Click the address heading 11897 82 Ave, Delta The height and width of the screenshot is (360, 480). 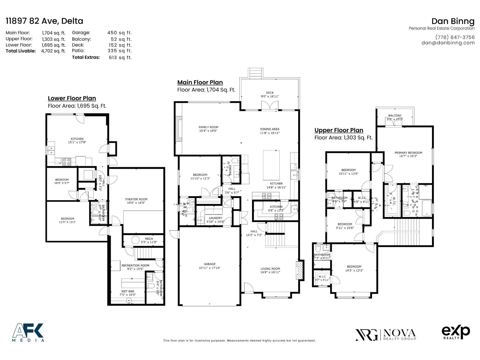point(44,21)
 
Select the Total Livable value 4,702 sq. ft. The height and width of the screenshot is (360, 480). point(53,51)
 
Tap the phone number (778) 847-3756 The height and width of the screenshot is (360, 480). point(455,37)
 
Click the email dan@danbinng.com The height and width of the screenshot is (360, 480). point(448,43)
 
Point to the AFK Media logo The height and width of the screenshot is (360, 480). point(28,332)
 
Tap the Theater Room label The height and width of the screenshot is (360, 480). point(136,199)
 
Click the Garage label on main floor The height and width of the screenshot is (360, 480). point(209,264)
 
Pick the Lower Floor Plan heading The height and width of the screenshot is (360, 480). point(72,98)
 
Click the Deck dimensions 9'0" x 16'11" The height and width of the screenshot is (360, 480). point(270,97)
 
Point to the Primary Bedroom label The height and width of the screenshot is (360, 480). point(408,153)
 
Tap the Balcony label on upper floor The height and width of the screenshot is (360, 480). point(394,115)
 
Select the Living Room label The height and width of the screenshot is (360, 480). point(270,269)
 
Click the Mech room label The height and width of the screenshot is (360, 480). point(149,239)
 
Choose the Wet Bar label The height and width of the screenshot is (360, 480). point(128,291)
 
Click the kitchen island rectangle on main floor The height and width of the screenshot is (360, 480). point(271,165)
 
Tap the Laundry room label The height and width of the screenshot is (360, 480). point(215,218)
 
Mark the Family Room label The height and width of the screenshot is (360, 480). point(208,127)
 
